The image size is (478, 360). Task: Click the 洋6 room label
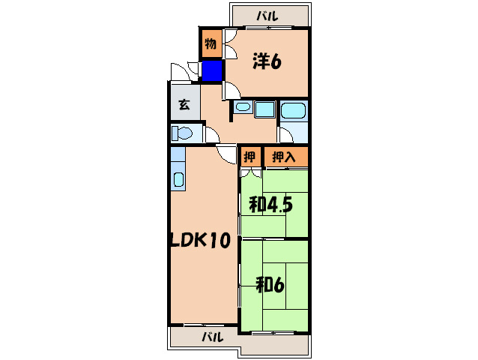pyautogui.click(x=266, y=62)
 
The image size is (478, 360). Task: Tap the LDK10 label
pyautogui.click(x=199, y=241)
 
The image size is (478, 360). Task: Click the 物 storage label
pyautogui.click(x=211, y=43)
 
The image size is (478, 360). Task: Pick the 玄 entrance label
pyautogui.click(x=184, y=106)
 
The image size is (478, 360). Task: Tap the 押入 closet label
pyautogui.click(x=285, y=157)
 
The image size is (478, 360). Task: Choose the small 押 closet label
pyautogui.click(x=249, y=157)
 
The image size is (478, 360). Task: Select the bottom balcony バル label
pyautogui.click(x=212, y=337)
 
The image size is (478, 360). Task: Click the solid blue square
pyautogui.click(x=212, y=71)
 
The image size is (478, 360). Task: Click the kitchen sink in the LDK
pyautogui.click(x=179, y=180)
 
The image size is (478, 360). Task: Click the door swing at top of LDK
pyautogui.click(x=226, y=154)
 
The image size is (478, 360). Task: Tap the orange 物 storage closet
pyautogui.click(x=211, y=43)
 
